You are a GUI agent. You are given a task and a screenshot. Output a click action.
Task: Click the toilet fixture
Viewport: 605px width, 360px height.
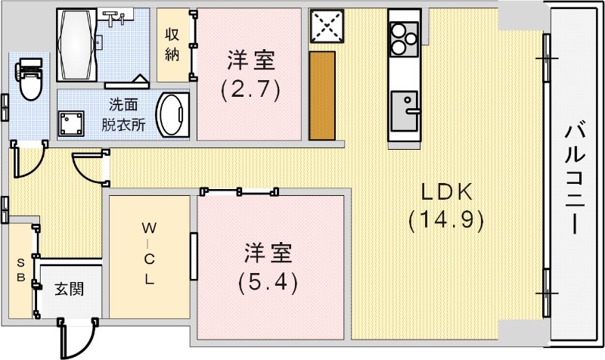pyautogui.click(x=30, y=80)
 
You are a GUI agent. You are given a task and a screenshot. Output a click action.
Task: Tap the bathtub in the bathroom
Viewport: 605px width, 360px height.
pyautogui.click(x=77, y=45)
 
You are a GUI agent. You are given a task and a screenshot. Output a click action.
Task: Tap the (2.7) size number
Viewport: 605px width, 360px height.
pyautogui.click(x=250, y=91)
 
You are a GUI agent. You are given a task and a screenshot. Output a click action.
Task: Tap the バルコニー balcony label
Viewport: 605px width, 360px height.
pyautogui.click(x=576, y=179)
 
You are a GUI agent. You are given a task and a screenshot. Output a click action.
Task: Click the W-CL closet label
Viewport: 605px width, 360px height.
pyautogui.click(x=149, y=253)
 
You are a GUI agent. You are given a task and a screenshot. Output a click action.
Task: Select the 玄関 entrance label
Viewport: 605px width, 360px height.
pyautogui.click(x=69, y=289)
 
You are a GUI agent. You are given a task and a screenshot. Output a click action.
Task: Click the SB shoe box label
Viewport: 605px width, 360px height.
pyautogui.click(x=22, y=270)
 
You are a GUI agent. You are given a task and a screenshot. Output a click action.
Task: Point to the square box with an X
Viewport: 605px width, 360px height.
pyautogui.click(x=327, y=27)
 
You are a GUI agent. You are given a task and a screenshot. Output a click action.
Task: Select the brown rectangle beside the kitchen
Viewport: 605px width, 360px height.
pyautogui.click(x=322, y=95)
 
